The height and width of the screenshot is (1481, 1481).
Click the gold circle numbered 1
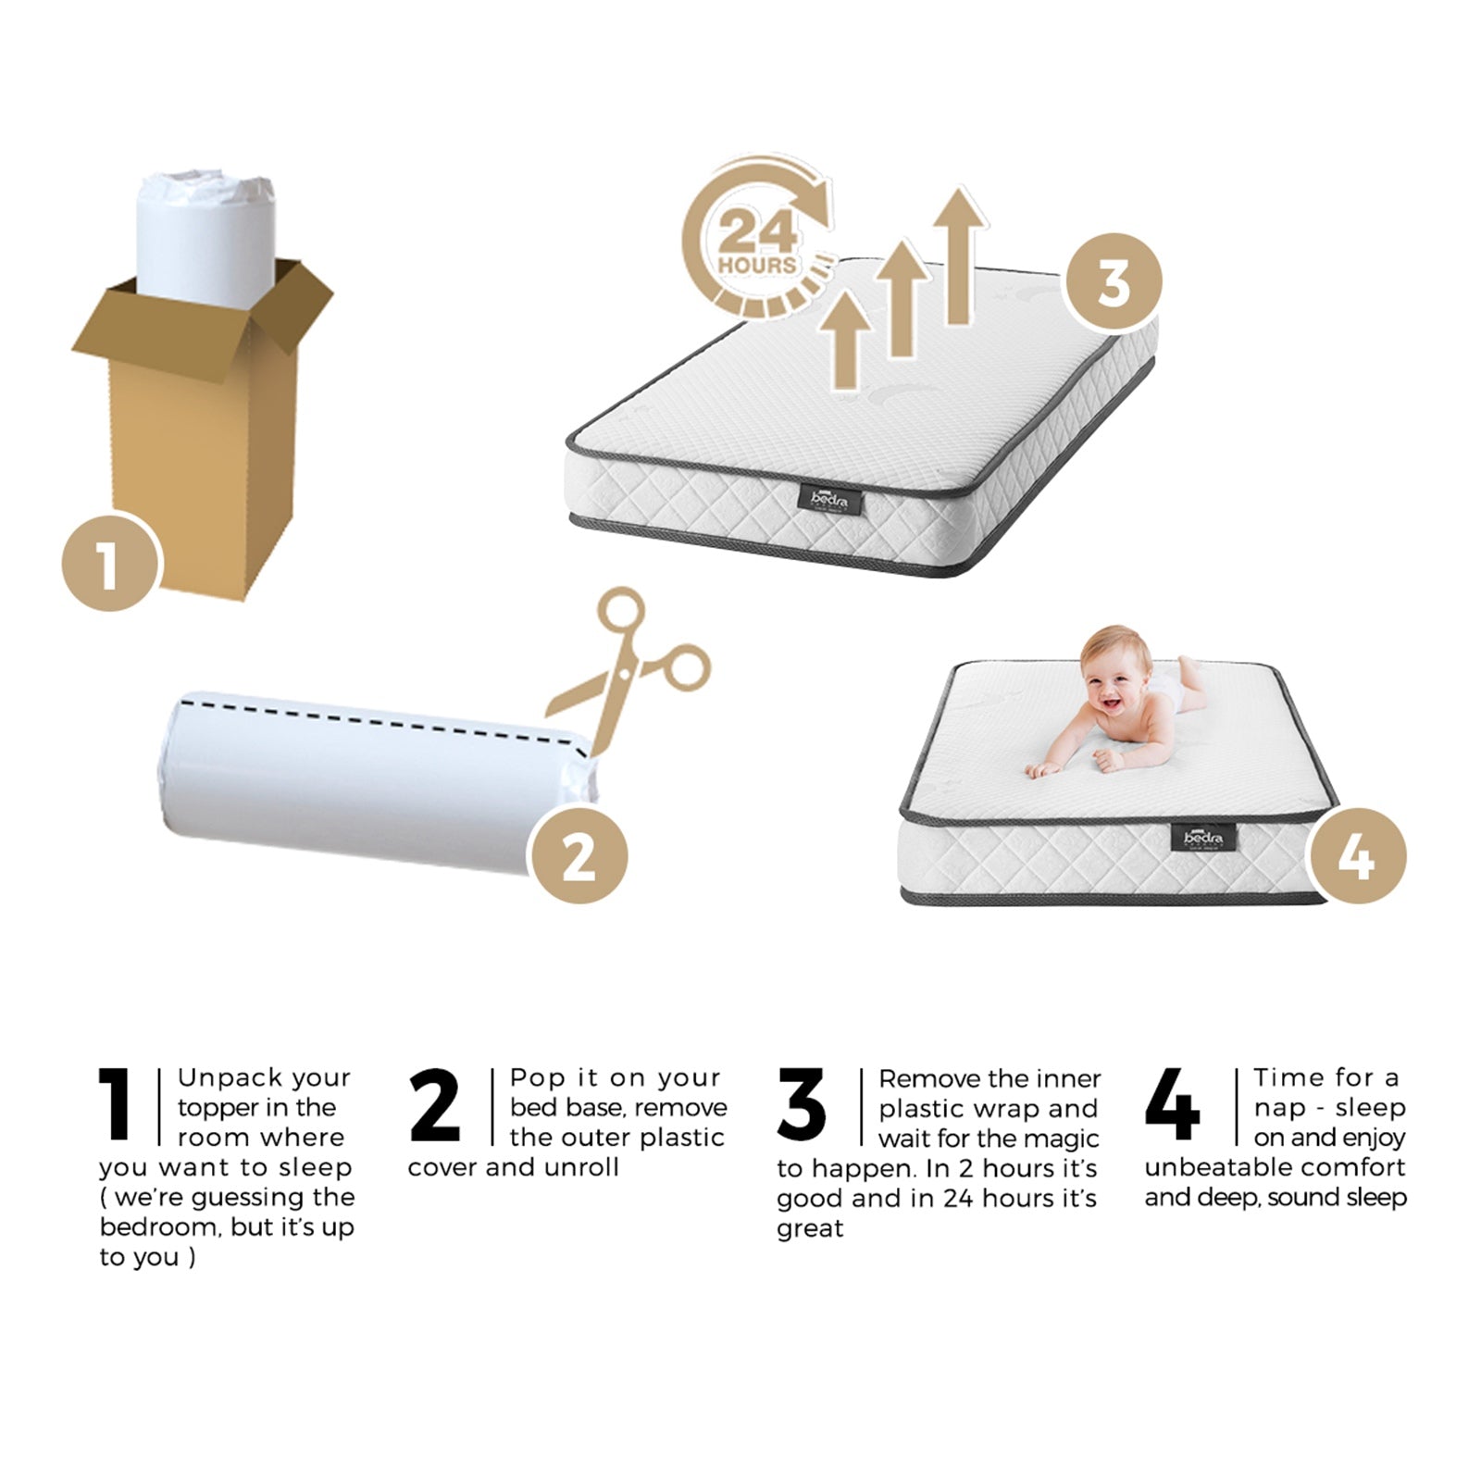pos(110,562)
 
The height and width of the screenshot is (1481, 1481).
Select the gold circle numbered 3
pos(1112,280)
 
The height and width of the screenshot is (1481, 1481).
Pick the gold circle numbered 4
pos(1357,856)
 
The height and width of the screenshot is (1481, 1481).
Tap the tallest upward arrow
pos(959,255)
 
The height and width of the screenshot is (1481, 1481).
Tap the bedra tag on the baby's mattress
pos(1203,838)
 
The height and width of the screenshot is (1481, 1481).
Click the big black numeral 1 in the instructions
pos(117,1103)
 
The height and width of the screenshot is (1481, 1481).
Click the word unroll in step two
pos(581,1167)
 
